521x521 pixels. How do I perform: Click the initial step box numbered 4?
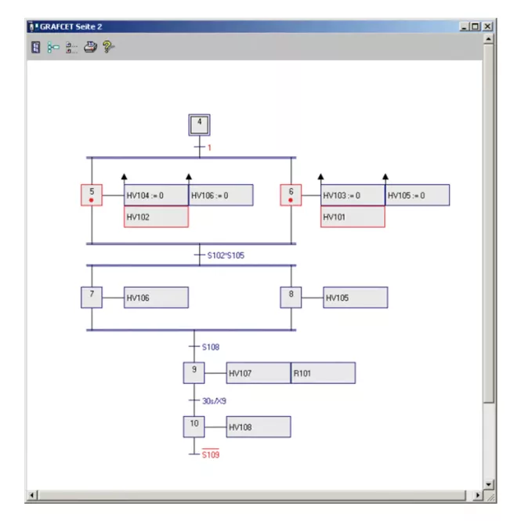tap(199, 125)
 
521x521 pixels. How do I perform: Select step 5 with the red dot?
tap(92, 195)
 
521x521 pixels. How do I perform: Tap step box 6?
tap(291, 195)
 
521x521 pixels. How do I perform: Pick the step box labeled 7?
tap(92, 298)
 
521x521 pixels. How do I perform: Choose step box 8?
tap(291, 298)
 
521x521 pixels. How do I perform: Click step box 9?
tap(194, 373)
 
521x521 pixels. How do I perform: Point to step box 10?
tap(194, 427)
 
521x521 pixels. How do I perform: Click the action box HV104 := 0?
tap(156, 195)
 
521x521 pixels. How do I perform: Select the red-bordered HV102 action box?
tap(156, 217)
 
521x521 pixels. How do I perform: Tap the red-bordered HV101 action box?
tap(353, 217)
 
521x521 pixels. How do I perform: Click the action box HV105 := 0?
tap(418, 195)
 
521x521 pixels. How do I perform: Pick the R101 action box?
tap(323, 373)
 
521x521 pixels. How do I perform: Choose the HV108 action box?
tap(259, 427)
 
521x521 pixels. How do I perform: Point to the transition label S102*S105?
tap(226, 255)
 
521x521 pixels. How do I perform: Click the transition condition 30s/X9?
tap(215, 401)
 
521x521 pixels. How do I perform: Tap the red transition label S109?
tap(211, 454)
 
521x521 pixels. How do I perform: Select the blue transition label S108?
tap(211, 347)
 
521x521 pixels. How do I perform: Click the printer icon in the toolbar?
tap(90, 47)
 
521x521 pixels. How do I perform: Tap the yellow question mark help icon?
tap(108, 47)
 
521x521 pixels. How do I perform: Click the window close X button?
tap(487, 27)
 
